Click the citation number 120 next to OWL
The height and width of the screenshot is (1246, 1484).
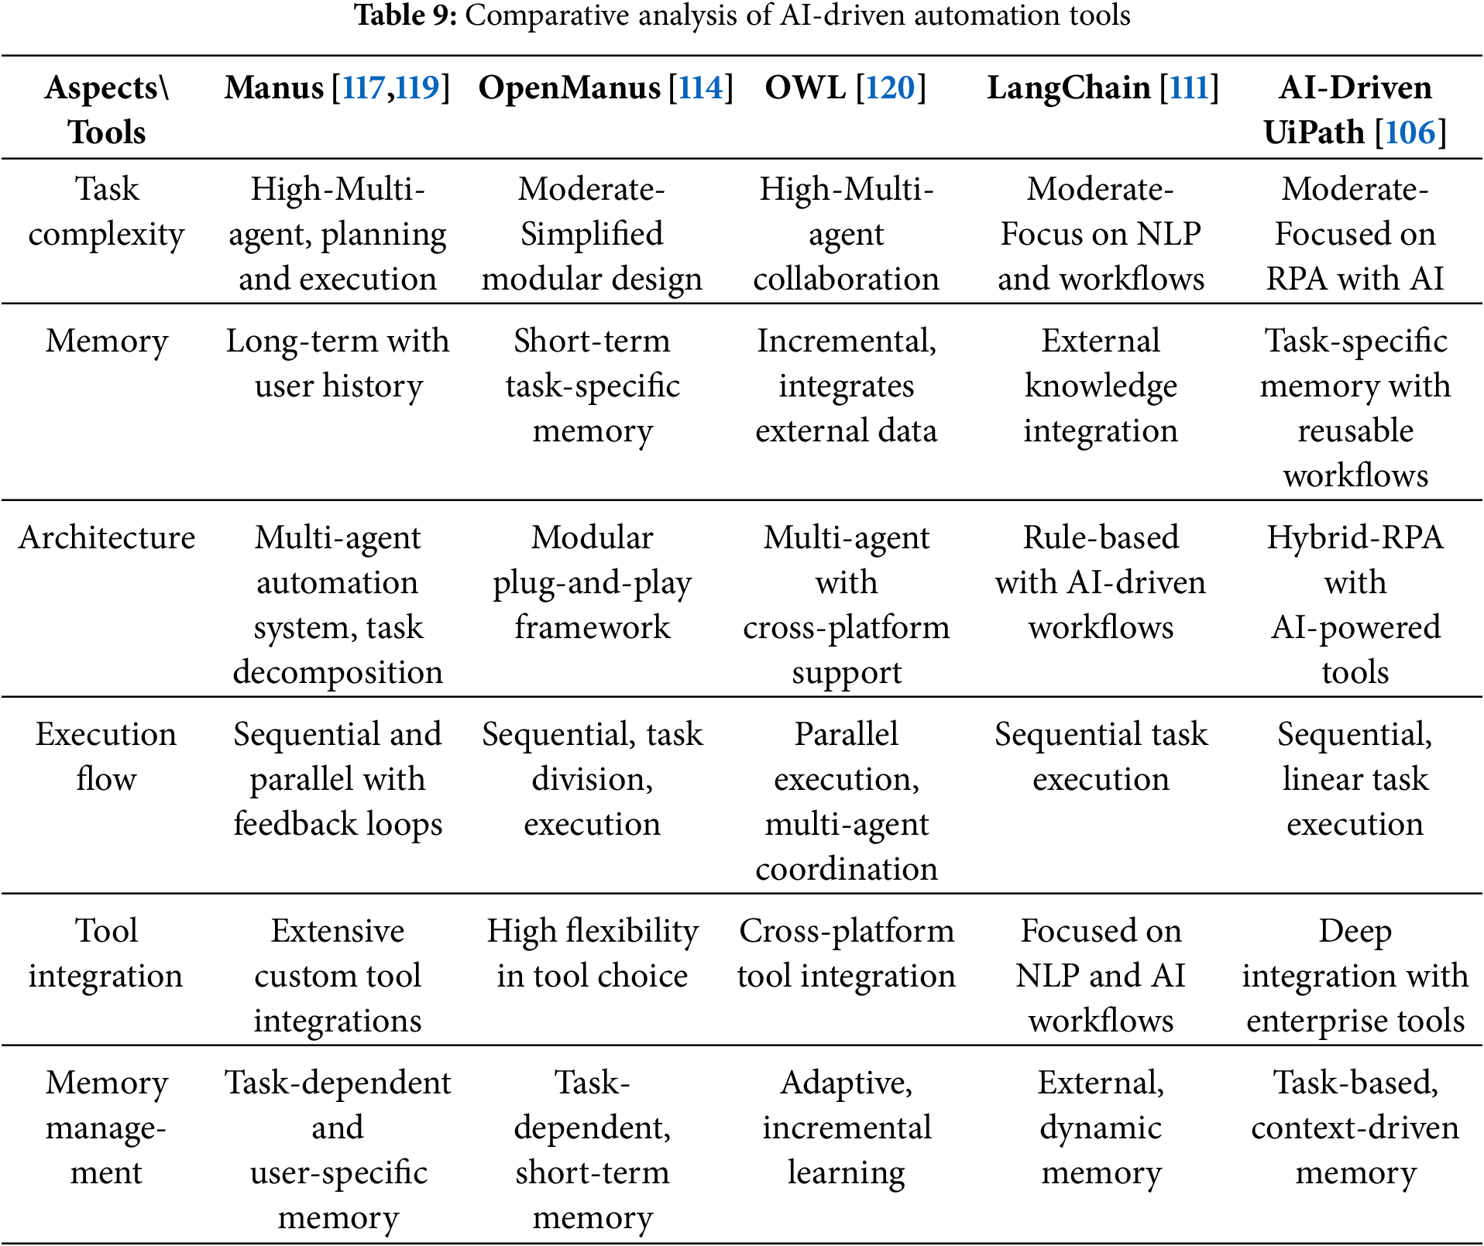pyautogui.click(x=891, y=88)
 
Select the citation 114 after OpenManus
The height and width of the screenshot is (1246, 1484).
pyautogui.click(x=701, y=88)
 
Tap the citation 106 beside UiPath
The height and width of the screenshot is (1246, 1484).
pyautogui.click(x=1410, y=133)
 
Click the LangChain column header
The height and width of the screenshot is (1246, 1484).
pyautogui.click(x=1068, y=88)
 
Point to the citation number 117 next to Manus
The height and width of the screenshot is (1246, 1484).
pyautogui.click(x=363, y=88)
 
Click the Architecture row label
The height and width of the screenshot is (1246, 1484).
pyautogui.click(x=107, y=538)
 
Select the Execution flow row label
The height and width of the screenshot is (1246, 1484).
pyautogui.click(x=106, y=757)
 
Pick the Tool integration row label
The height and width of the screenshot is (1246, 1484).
pyautogui.click(x=106, y=953)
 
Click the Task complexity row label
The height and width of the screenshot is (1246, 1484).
pyautogui.click(x=106, y=211)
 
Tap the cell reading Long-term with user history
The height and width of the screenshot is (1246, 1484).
pyautogui.click(x=338, y=363)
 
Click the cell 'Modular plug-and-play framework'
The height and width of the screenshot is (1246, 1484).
pyautogui.click(x=592, y=582)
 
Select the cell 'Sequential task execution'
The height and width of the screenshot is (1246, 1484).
pyautogui.click(x=1101, y=757)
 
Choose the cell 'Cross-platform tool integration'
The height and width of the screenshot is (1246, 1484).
pyautogui.click(x=846, y=953)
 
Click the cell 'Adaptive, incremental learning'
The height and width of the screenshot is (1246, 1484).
pyautogui.click(x=846, y=1128)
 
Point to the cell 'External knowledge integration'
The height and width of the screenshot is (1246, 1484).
pyautogui.click(x=1101, y=386)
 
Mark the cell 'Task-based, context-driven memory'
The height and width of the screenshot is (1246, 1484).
pyautogui.click(x=1355, y=1128)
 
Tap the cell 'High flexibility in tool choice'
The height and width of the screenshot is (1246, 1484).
pyautogui.click(x=592, y=953)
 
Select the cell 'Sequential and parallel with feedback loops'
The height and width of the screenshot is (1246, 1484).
pyautogui.click(x=338, y=779)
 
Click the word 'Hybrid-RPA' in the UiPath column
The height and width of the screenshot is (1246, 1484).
pyautogui.click(x=1355, y=538)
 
